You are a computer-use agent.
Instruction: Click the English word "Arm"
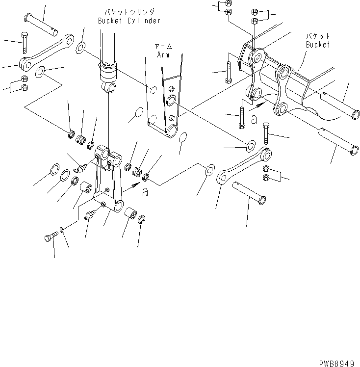[163, 55]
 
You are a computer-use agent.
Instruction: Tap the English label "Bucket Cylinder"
[129, 21]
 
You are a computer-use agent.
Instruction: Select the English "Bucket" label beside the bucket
[317, 44]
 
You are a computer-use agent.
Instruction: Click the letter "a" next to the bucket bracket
[254, 119]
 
